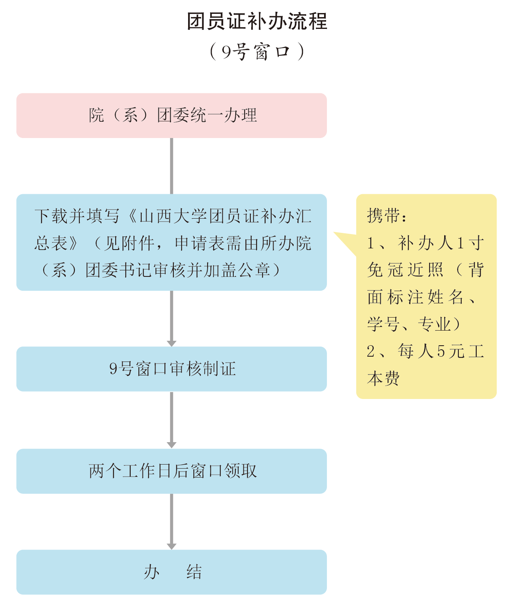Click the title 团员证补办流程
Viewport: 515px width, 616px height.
257,21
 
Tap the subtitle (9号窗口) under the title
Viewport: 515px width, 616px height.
257,52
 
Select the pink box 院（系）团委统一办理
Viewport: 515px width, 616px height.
171,116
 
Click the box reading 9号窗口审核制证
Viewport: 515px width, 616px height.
171,369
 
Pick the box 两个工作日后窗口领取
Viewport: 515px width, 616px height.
171,471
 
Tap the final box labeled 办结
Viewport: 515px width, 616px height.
171,572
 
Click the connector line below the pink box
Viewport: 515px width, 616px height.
171,166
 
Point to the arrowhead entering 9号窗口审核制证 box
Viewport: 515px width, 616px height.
171,343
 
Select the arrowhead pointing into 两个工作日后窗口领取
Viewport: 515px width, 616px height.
171,445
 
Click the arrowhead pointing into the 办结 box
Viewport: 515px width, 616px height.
171,546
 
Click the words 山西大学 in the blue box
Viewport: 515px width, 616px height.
173,216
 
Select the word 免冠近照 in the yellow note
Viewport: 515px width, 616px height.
405,270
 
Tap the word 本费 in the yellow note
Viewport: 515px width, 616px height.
383,379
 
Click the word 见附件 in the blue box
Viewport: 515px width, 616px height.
130,243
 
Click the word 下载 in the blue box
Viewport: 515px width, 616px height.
51,216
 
